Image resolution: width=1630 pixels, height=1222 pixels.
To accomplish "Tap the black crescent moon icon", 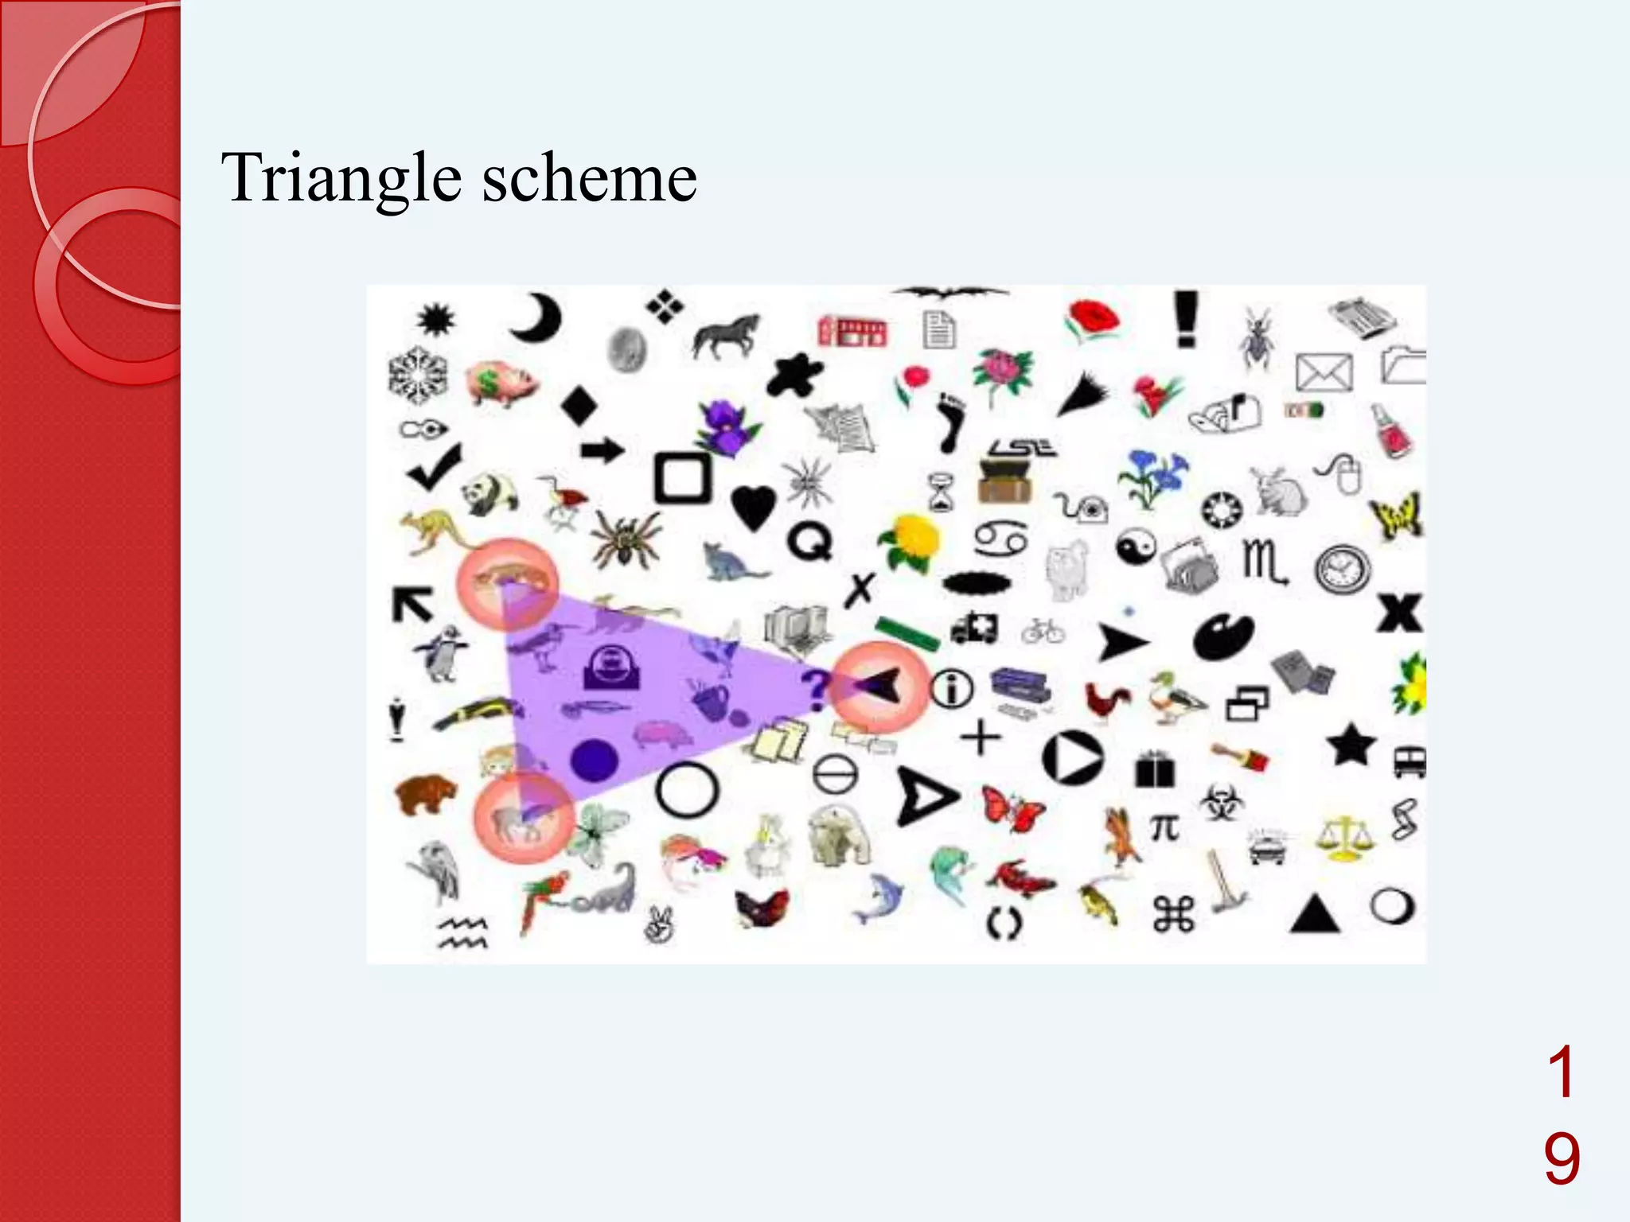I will coord(536,318).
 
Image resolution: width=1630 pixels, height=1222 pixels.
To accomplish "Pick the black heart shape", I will coord(752,506).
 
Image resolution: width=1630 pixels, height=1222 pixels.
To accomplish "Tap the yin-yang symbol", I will coord(1136,548).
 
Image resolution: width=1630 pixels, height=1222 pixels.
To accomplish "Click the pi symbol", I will coord(1164,828).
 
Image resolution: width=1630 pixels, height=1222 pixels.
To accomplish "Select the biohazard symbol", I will coord(1219,803).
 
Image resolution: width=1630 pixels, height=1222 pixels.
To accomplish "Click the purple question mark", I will coord(814,690).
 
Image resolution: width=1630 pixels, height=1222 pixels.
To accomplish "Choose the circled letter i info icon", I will coord(952,688).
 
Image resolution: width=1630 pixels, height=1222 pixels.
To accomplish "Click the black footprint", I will coord(950,421).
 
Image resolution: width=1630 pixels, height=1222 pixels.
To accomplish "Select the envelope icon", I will coord(1324,372).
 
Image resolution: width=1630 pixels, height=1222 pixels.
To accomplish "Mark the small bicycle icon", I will coord(1043,632).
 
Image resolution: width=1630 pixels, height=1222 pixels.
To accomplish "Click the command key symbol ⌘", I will coord(1174,914).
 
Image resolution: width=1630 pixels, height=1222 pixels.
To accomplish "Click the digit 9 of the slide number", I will coord(1562,1160).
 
